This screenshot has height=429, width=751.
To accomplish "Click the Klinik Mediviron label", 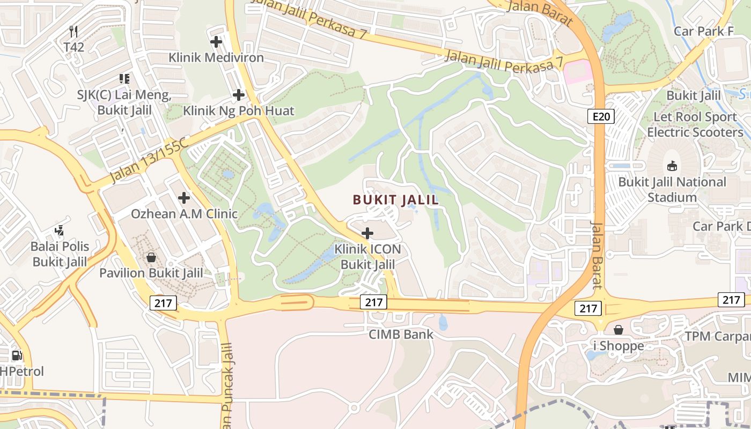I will (216, 57).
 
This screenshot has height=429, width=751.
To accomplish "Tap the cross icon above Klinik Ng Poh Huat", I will (239, 95).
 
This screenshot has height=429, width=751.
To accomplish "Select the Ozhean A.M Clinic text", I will (184, 213).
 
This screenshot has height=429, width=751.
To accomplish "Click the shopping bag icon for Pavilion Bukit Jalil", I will (151, 257).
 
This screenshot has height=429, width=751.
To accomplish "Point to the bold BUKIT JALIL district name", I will (396, 200).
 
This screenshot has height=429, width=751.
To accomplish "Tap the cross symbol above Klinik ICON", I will (367, 233).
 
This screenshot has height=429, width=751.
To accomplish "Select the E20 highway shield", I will (600, 116).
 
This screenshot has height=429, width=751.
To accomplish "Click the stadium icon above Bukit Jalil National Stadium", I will (672, 166).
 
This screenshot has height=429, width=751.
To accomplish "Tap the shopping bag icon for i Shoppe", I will (619, 329).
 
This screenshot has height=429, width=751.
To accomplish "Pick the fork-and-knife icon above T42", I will (74, 32).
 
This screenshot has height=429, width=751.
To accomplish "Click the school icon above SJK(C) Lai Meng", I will (124, 79).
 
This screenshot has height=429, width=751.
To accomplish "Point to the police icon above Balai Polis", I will (60, 231).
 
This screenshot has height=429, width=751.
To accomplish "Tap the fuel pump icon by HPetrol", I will (17, 355).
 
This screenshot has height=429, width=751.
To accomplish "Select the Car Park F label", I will (704, 31).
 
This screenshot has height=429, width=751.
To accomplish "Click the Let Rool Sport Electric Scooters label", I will (695, 124).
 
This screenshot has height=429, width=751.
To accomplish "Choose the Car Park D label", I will (720, 226).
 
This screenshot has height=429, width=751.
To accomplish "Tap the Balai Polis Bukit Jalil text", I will (60, 254).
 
